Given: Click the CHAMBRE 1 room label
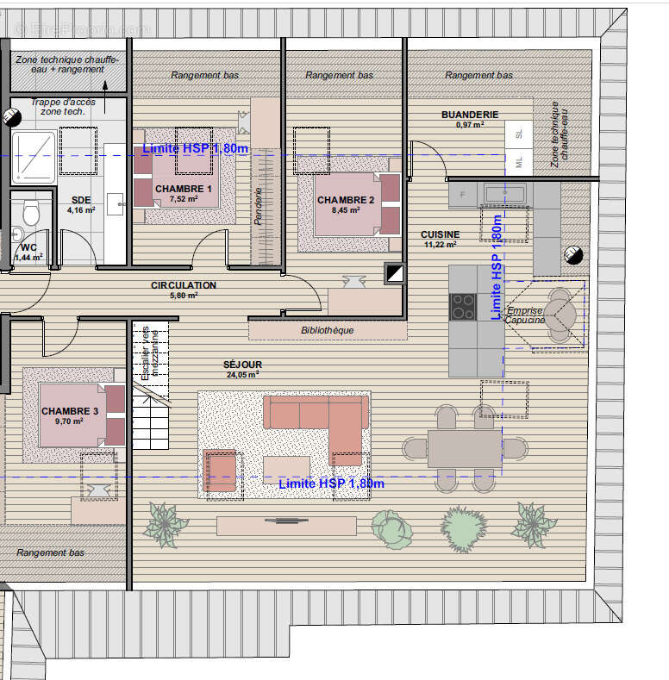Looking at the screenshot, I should (183, 188).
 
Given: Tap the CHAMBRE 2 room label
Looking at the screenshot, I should (346, 200).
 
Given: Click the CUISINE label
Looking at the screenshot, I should (440, 234).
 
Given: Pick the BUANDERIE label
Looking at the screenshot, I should (470, 115).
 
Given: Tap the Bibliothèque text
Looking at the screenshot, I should (327, 329).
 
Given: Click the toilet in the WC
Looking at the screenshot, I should (31, 210).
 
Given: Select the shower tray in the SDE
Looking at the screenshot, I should (34, 156).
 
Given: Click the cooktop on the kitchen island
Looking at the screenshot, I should (463, 306).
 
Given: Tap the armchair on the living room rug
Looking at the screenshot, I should (220, 471).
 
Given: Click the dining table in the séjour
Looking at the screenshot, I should (464, 447).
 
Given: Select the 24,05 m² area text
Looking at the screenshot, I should (242, 375).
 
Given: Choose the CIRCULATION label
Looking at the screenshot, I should (184, 285).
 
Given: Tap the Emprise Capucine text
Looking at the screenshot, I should (524, 315).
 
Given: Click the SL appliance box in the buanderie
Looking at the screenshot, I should (519, 134).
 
